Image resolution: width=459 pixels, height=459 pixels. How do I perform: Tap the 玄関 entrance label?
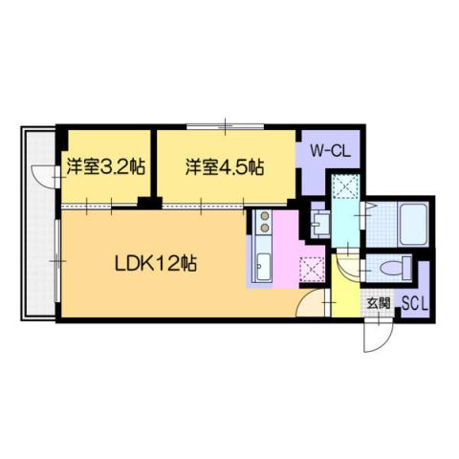[x=378, y=304]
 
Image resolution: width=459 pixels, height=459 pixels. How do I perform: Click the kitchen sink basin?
[x=263, y=268]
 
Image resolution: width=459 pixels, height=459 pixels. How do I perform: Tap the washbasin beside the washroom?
[x=319, y=223]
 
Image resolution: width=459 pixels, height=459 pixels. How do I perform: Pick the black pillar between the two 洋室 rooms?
[x=148, y=203]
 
